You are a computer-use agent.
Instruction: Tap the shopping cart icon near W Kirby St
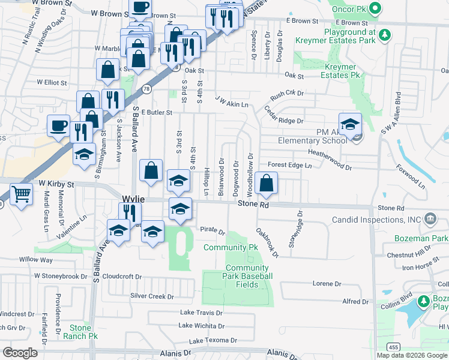pyautogui.click(x=21, y=194)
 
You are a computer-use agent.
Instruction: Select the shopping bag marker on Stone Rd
pyautogui.click(x=266, y=183)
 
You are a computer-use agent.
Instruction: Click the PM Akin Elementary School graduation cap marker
pyautogui.click(x=350, y=125)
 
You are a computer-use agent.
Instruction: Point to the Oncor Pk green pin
pyautogui.click(x=375, y=8)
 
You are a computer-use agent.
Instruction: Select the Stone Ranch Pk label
pyautogui.click(x=80, y=332)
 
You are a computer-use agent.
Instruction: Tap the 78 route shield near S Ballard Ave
pyautogui.click(x=147, y=89)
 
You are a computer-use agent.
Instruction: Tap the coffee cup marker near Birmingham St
pyautogui.click(x=58, y=125)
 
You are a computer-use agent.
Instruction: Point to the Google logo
pyautogui.click(x=20, y=353)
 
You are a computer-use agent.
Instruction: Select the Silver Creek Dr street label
pyautogui.click(x=152, y=296)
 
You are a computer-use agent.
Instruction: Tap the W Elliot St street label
pyautogui.click(x=53, y=82)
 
